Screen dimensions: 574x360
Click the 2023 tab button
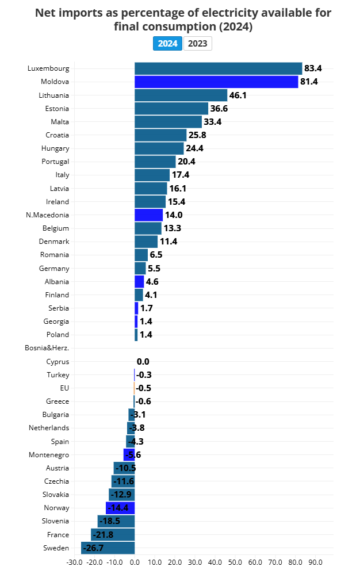point(198,43)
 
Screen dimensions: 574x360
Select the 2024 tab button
point(168,43)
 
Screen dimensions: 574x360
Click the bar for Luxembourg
point(218,68)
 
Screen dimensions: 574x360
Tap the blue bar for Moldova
point(216,82)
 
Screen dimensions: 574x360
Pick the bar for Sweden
point(108,548)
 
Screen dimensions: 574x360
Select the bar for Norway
point(120,508)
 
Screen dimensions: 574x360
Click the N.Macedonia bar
point(148,215)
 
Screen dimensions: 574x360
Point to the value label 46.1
point(238,95)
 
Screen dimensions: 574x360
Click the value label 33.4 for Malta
point(213,122)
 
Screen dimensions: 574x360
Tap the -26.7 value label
point(93,548)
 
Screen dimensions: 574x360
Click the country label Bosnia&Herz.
point(47,348)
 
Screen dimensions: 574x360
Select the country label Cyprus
point(58,362)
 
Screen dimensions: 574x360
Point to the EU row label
point(64,388)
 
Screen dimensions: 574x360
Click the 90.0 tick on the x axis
point(316,562)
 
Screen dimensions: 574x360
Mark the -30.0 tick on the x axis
point(74,562)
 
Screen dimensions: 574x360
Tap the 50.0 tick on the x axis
point(235,562)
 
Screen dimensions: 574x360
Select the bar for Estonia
point(171,109)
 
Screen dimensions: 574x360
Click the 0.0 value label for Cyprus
point(143,362)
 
